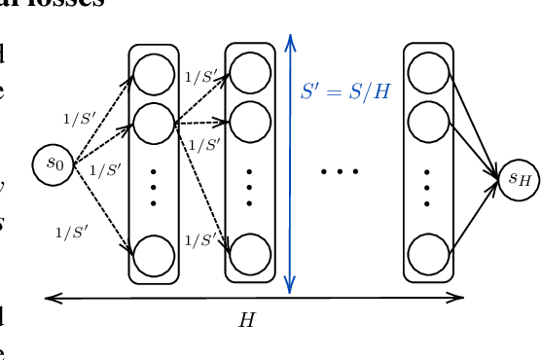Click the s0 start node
pos(54,163)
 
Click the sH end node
pos(518,178)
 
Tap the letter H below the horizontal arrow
pos(246,320)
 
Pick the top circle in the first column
pos(154,74)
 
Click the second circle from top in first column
pos(154,124)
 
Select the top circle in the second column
pos(249,74)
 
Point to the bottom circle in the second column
pos(249,255)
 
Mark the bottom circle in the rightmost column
pos(427,255)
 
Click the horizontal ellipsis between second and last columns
pos(340,172)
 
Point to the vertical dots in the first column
pos(154,187)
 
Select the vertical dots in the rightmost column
pos(427,187)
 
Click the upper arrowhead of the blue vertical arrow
pos(289,40)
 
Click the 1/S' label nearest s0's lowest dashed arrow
pos(71,232)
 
